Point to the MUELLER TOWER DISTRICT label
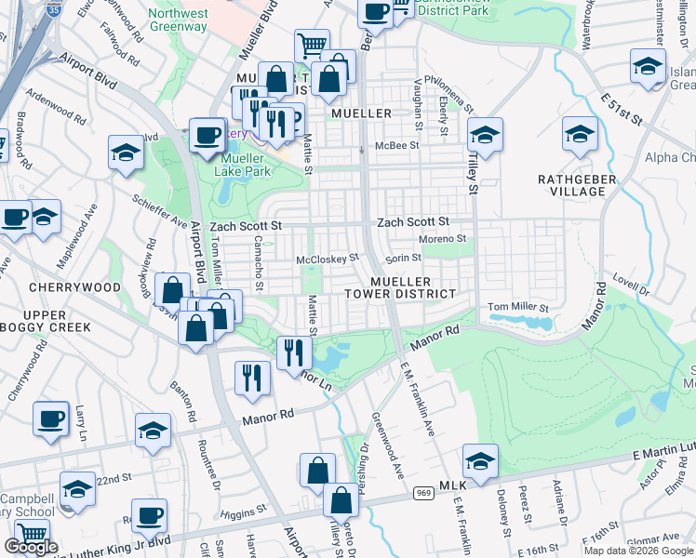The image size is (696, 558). [413, 286]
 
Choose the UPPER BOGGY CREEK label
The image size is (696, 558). [46, 320]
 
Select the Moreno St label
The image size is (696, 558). [441, 239]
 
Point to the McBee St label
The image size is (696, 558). [397, 145]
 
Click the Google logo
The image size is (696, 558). [31, 547]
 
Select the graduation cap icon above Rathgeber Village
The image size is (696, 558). [580, 137]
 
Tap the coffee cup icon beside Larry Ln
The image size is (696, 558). [51, 419]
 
